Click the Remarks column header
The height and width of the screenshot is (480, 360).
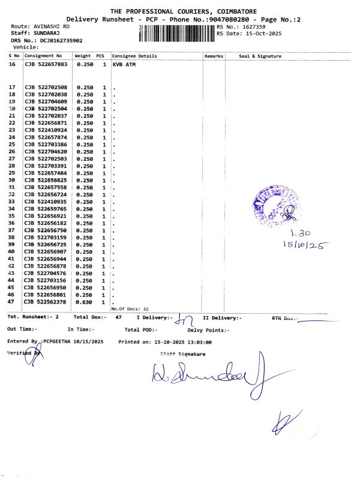[x=214, y=56]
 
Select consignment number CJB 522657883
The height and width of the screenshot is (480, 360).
[x=46, y=64]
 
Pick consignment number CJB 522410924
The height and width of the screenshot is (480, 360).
[x=46, y=130]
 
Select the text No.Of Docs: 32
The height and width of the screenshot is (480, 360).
[x=130, y=308]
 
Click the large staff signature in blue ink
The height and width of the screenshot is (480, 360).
[x=204, y=375]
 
